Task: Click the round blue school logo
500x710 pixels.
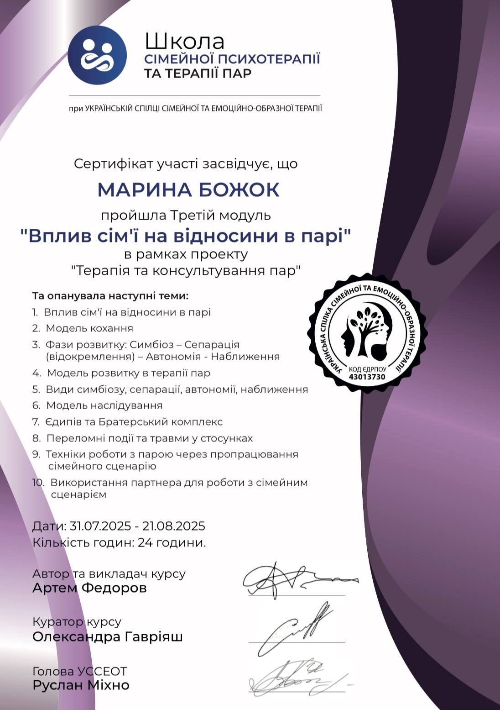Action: [97, 55]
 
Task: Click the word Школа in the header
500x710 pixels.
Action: [184, 42]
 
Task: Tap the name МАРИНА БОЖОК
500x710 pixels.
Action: [188, 190]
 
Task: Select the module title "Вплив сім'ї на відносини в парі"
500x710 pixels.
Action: [186, 236]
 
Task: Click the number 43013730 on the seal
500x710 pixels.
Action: [367, 377]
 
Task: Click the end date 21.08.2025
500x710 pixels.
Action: [174, 526]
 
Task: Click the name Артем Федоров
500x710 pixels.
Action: [89, 588]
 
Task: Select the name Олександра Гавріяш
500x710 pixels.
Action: [107, 637]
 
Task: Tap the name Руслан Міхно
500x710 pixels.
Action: [81, 685]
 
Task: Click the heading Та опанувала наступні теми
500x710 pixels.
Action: [110, 296]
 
